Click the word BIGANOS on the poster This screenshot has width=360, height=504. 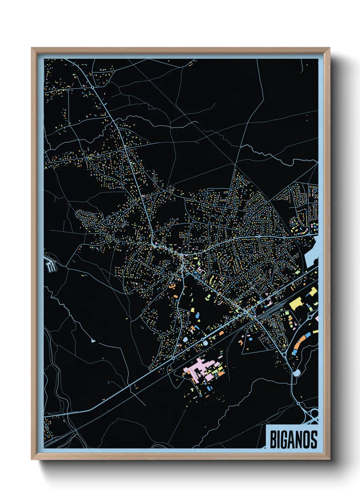tap(293, 439)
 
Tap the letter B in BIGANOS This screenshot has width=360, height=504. tap(273, 439)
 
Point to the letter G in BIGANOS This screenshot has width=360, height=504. tap(285, 439)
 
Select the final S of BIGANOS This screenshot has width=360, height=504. tap(314, 439)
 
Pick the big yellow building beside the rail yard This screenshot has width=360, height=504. tap(296, 303)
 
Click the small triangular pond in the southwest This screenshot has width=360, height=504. tap(93, 340)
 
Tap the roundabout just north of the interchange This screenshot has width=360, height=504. tap(298, 403)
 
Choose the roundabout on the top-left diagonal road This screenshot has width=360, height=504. tap(92, 88)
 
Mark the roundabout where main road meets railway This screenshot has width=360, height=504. tap(245, 312)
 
